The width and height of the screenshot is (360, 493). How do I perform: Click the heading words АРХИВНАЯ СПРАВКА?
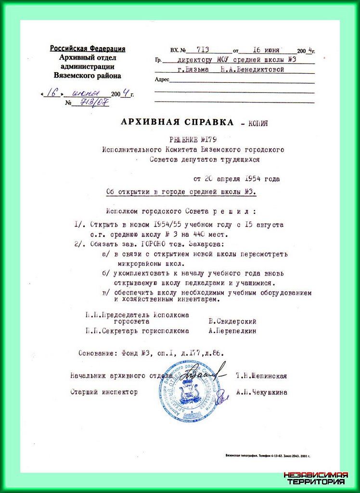[x=178, y=122]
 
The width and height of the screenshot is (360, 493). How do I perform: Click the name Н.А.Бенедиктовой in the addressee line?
[x=252, y=69]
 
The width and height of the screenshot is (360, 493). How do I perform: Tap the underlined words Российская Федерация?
[x=88, y=49]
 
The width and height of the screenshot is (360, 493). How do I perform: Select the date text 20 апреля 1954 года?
[x=236, y=179]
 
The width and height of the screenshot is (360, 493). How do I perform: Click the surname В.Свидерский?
[x=232, y=321]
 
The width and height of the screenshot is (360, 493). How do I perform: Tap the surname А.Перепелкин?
[x=232, y=331]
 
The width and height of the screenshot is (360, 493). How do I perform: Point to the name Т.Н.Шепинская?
[x=261, y=376]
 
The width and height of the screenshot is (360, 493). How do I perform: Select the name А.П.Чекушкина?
[x=262, y=392]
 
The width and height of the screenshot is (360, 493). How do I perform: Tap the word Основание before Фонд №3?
[x=97, y=353]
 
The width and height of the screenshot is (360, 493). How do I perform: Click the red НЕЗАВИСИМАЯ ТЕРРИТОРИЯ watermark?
[x=316, y=478]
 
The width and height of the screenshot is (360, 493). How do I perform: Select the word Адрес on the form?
[x=162, y=80]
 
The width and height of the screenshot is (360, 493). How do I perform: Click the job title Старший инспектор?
[x=104, y=392]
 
